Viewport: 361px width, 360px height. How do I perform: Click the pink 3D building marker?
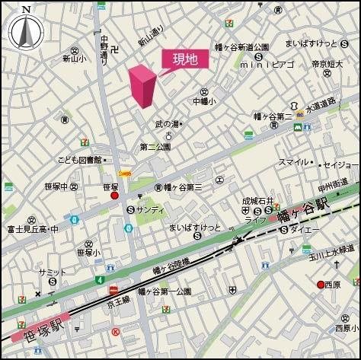pos(142,86)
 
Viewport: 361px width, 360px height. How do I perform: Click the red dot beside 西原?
pos(321,285)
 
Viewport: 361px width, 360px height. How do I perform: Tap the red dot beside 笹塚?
pos(114,196)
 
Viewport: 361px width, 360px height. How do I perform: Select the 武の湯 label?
pos(170,124)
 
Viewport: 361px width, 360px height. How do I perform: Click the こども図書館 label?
pos(79,160)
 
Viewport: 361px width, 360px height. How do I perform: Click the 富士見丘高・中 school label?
pos(32,228)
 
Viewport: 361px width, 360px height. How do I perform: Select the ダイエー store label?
pos(305,228)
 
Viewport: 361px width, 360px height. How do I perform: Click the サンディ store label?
pos(149,209)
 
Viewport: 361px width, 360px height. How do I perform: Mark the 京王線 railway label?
pos(123,303)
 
